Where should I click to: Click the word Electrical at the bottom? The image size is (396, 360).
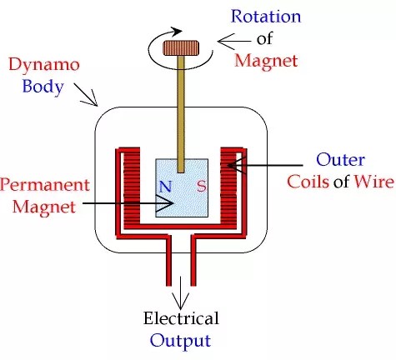181,318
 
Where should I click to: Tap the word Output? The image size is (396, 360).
181,340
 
